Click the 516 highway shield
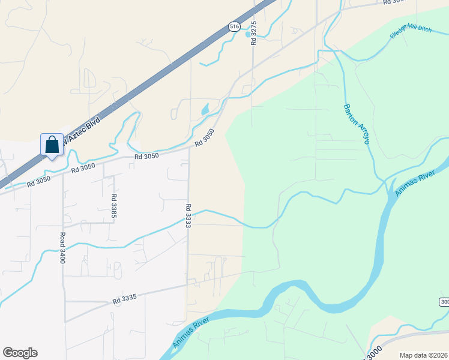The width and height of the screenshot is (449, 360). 235,26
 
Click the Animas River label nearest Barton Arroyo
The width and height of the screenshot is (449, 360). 414,179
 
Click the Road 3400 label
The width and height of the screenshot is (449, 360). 61,248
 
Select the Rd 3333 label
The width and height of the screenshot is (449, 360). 188,215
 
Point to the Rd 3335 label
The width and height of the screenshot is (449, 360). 125,298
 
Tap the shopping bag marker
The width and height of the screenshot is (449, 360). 52,145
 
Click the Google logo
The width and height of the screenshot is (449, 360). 20,353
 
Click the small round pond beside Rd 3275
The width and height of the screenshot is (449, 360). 248,34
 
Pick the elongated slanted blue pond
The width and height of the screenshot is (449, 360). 205,109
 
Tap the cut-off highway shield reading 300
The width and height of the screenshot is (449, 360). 444,301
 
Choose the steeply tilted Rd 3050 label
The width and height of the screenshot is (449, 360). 205,139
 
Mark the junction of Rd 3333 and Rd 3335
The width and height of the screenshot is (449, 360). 188,283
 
